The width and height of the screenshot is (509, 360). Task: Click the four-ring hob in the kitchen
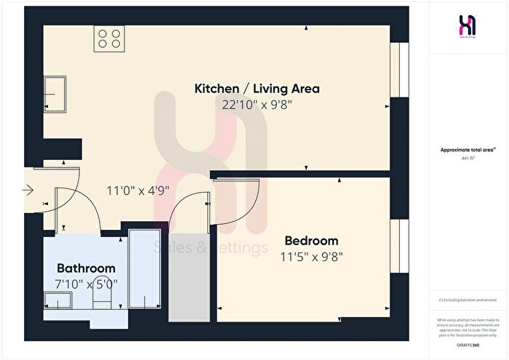[109, 39]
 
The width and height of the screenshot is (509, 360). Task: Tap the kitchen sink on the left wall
[54, 94]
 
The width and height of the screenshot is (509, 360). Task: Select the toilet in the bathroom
[102, 300]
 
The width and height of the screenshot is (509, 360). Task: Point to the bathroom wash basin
[55, 300]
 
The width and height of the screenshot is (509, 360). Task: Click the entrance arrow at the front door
[28, 192]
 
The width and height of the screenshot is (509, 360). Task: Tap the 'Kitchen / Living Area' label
[257, 89]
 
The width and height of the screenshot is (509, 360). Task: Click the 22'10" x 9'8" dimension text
[257, 104]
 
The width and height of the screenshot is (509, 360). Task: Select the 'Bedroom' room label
[311, 241]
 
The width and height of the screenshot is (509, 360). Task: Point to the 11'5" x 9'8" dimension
[311, 256]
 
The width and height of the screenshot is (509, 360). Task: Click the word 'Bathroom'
[86, 268]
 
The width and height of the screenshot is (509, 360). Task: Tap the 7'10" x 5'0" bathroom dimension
[86, 283]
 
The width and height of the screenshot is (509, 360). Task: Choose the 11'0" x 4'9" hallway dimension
[138, 191]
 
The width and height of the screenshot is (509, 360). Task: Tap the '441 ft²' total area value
[468, 158]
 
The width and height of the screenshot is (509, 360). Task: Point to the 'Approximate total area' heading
[468, 150]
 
